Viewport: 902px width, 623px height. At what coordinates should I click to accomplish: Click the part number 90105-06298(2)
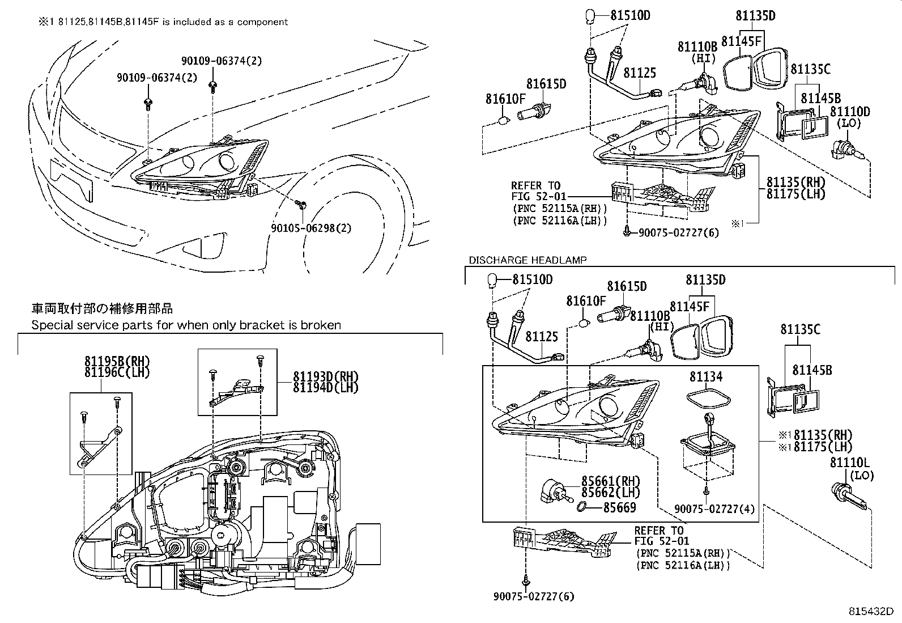pyautogui.click(x=311, y=228)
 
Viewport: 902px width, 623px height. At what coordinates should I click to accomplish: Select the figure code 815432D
pyautogui.click(x=870, y=612)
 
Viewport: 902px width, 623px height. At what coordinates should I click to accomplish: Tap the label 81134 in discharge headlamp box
pyautogui.click(x=706, y=376)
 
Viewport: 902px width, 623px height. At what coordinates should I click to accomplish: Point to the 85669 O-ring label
pyautogui.click(x=619, y=508)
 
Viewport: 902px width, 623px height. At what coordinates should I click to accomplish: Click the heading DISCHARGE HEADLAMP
pyautogui.click(x=527, y=260)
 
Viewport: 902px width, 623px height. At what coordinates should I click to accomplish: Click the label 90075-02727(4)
pyautogui.click(x=714, y=509)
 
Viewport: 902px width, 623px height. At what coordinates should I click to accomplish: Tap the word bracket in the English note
pyautogui.click(x=258, y=325)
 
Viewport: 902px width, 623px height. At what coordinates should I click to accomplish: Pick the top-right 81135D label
pyautogui.click(x=755, y=16)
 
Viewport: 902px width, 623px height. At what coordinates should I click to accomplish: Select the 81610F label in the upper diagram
pyautogui.click(x=505, y=99)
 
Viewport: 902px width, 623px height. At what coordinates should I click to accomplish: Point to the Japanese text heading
pyautogui.click(x=102, y=309)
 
